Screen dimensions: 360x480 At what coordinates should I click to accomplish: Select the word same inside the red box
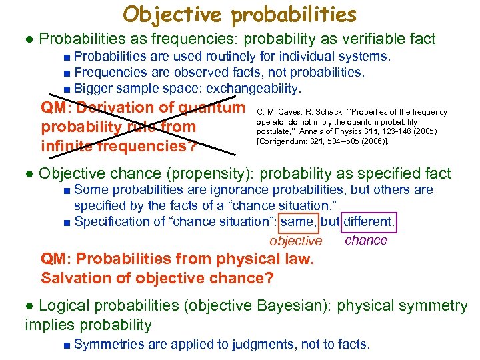(x=299, y=222)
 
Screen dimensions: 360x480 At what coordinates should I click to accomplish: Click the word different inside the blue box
(x=367, y=222)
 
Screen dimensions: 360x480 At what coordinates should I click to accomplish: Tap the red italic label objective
(x=295, y=241)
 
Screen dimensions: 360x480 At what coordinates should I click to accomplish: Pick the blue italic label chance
(x=366, y=240)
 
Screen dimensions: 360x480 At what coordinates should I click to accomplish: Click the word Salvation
(x=72, y=277)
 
